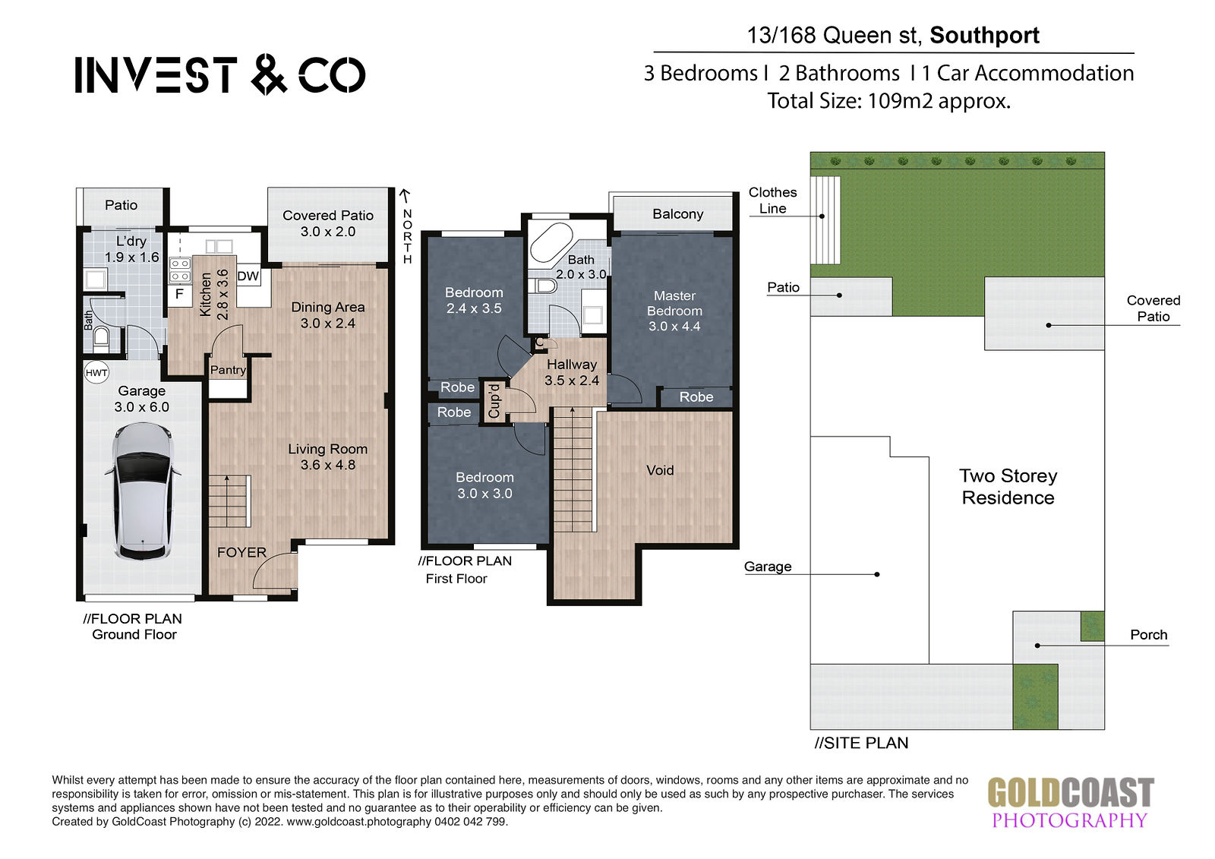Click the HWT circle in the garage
tap(96, 373)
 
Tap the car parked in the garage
tap(144, 491)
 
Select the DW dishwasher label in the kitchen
tap(248, 276)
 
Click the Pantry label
tap(228, 370)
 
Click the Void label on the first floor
tap(660, 470)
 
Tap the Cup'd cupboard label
tap(494, 400)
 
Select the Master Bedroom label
tap(674, 303)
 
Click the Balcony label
tap(677, 213)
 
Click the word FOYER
tap(242, 552)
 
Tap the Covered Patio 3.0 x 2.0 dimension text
tap(328, 231)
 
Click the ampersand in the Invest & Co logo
tap(269, 74)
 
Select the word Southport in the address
tap(984, 35)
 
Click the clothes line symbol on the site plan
tap(825, 220)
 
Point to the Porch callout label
tap(1148, 634)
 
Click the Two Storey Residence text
tap(1008, 487)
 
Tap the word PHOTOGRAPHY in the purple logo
tap(1070, 820)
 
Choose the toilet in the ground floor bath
tap(101, 336)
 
